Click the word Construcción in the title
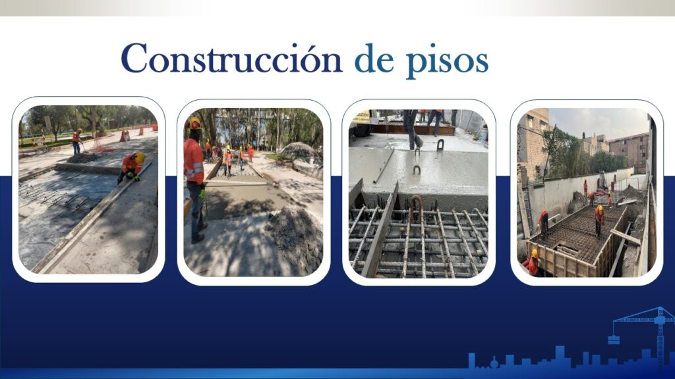point(231,58)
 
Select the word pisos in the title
point(448,61)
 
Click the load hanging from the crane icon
point(614,340)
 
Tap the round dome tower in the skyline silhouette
point(493,363)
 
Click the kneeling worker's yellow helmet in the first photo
point(140,158)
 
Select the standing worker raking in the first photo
point(76,141)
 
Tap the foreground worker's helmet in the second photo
point(194,123)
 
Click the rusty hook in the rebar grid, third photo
point(416,207)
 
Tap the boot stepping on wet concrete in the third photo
point(417,142)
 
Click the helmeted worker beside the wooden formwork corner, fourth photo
point(533,262)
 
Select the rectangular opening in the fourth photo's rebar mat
point(568,250)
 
